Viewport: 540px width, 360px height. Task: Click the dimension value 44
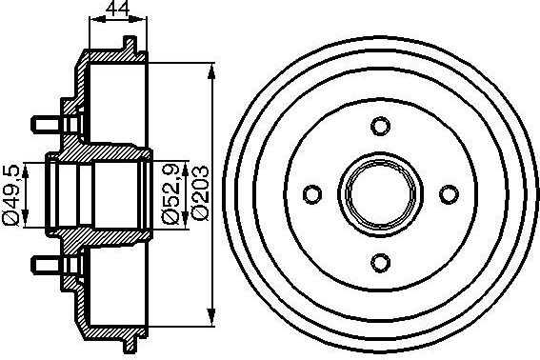pyautogui.click(x=117, y=10)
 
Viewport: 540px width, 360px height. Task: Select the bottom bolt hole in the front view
pyautogui.click(x=379, y=263)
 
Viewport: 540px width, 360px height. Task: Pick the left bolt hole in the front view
pyautogui.click(x=311, y=194)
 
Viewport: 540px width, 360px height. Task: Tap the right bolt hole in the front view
pyautogui.click(x=448, y=194)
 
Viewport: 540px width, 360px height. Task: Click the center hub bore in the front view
pyautogui.click(x=379, y=194)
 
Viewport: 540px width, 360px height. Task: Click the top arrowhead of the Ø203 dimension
pyautogui.click(x=210, y=68)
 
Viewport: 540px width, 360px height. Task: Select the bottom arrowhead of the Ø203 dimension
pyautogui.click(x=210, y=321)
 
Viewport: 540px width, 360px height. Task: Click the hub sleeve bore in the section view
pyautogui.click(x=95, y=194)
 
